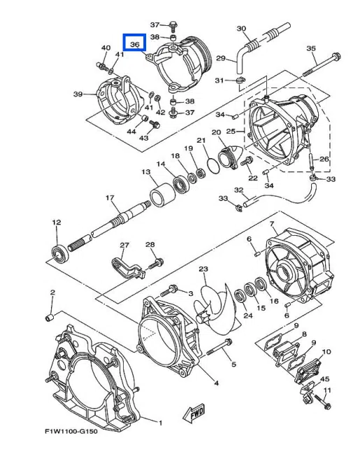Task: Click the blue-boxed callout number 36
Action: (x=134, y=44)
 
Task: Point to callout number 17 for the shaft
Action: (x=110, y=198)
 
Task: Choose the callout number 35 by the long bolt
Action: (x=312, y=49)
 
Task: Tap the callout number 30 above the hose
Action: (x=242, y=29)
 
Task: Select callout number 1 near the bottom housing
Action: (x=160, y=422)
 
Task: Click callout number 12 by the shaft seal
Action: (x=57, y=223)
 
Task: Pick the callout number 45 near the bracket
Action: (x=324, y=379)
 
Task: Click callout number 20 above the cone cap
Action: (x=216, y=132)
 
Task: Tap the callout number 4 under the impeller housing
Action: (x=216, y=383)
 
